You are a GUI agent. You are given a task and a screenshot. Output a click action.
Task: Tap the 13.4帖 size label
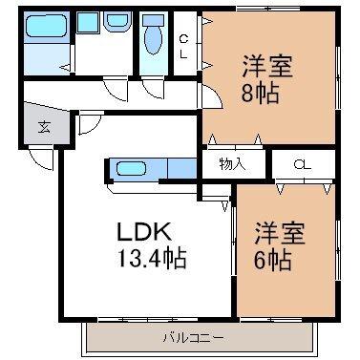click(x=152, y=257)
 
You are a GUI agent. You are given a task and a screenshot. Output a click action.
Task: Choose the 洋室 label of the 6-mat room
click(x=280, y=231)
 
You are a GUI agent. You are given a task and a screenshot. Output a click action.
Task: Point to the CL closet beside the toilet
click(x=184, y=46)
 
